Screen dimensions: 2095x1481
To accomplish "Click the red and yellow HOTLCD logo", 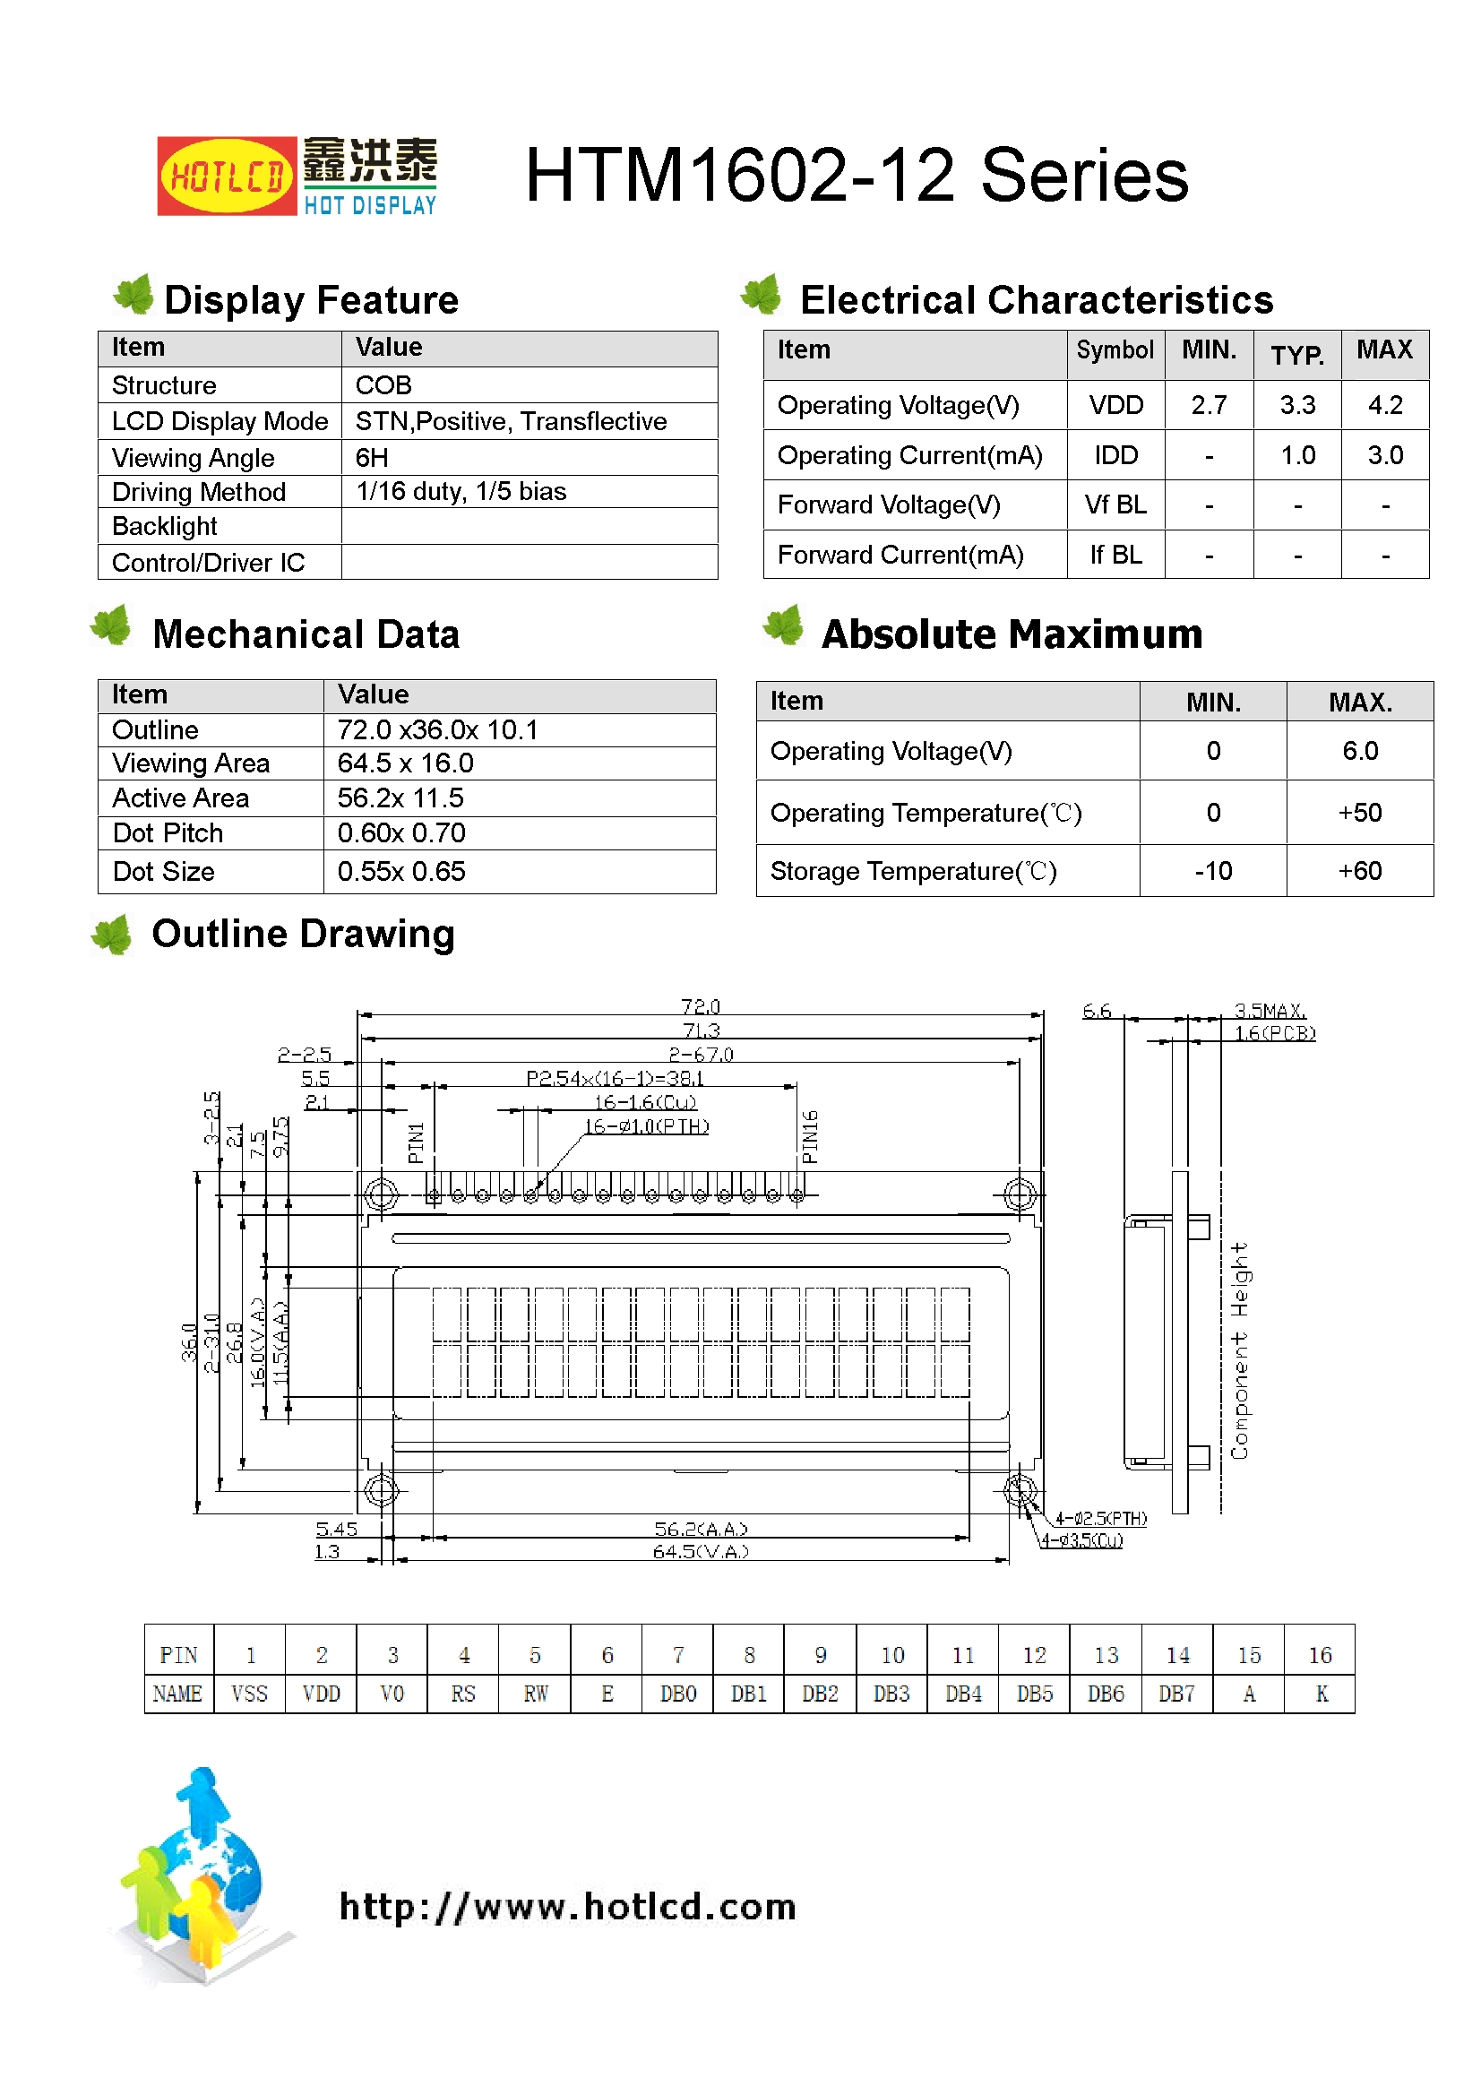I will (227, 177).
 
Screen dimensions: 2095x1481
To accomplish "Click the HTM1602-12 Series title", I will (856, 176).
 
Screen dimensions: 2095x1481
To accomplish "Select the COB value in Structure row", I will (383, 385).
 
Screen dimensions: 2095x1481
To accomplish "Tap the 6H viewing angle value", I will (372, 457).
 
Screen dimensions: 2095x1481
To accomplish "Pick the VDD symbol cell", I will (1115, 405).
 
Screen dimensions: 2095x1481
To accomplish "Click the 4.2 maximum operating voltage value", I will (1384, 405).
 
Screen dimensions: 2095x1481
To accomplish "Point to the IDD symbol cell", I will (1115, 455).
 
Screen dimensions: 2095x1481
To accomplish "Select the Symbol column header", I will (1115, 350).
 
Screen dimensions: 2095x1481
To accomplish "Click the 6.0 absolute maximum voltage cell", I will (1359, 751).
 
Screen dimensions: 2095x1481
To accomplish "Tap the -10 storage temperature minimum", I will (1213, 871).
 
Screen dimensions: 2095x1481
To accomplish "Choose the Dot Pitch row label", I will (168, 833).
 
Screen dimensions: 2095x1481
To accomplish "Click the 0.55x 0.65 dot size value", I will (401, 871).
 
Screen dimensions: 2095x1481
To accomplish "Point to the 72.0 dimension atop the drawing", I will (700, 1006).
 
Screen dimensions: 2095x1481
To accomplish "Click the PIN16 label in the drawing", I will (809, 1137).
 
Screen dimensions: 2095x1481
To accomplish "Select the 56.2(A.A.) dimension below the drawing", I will (700, 1529).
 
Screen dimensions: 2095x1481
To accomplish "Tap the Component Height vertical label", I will (1238, 1350).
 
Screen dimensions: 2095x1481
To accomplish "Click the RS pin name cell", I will (462, 1694).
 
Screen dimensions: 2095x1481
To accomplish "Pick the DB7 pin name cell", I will (1176, 1694).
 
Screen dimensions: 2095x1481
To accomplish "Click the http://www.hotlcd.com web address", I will (567, 1906).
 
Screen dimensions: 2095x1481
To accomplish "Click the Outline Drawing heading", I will (303, 934).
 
